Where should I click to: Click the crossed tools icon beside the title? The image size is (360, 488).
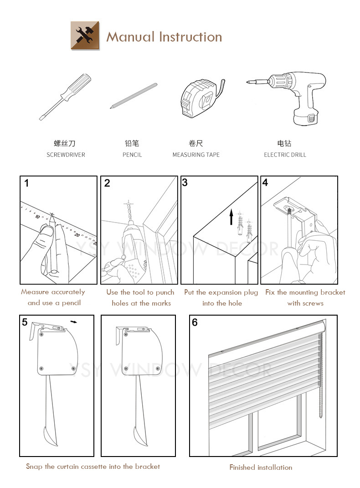coord(85,36)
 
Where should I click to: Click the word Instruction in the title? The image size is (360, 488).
coord(190,37)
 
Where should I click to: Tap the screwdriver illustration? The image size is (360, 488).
coord(65,97)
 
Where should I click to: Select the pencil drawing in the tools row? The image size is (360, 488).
coord(134,96)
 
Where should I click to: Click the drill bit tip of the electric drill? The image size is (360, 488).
coord(247,83)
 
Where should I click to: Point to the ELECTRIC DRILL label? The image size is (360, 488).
coord(285,155)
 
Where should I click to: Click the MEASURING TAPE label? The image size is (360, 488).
coord(196,155)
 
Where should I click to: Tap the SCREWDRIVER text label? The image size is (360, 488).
coord(66,155)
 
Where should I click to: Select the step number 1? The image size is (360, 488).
coord(27,183)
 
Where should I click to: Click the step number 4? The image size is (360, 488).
coord(265,183)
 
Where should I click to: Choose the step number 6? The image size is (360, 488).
coord(195,322)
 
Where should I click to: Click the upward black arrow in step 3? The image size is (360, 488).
coord(231,217)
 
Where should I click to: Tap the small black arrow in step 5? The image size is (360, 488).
coord(74,322)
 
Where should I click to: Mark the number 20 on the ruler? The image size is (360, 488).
coord(77,235)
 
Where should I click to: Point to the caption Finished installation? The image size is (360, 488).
coord(261,467)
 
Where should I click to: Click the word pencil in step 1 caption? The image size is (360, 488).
coord(71,303)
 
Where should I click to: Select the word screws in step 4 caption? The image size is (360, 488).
coord(313,303)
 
